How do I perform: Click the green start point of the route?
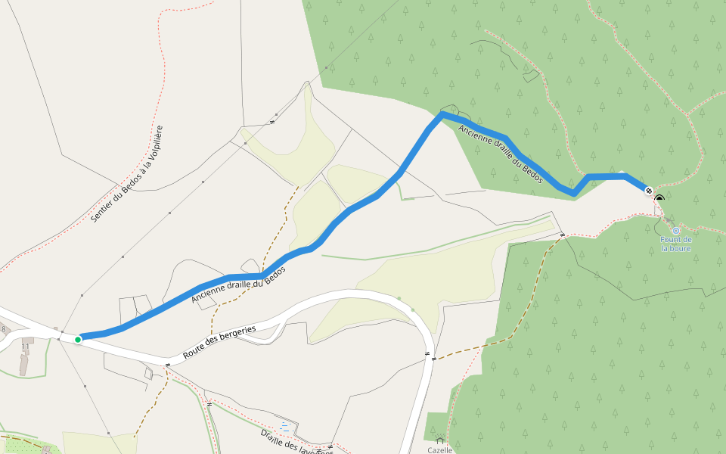(x=78, y=340)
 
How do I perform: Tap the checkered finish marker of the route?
(x=649, y=190)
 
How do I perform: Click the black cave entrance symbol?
(x=659, y=199)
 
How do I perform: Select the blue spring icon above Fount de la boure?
(x=676, y=230)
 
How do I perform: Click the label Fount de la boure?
(x=676, y=244)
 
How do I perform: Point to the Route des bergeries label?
(x=219, y=342)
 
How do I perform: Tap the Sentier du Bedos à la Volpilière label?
(x=127, y=174)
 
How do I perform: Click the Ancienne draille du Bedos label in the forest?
(x=501, y=154)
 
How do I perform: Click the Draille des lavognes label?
(x=296, y=443)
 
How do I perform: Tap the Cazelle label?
(x=440, y=450)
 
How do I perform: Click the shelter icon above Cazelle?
(x=440, y=440)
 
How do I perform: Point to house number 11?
(x=25, y=347)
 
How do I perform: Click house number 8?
(x=3, y=329)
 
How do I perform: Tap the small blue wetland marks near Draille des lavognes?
(x=284, y=425)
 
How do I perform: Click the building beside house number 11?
(x=24, y=363)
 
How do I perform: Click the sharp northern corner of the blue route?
(x=442, y=113)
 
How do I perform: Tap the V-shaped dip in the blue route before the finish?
(x=576, y=194)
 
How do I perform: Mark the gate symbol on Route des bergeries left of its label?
(x=167, y=365)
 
